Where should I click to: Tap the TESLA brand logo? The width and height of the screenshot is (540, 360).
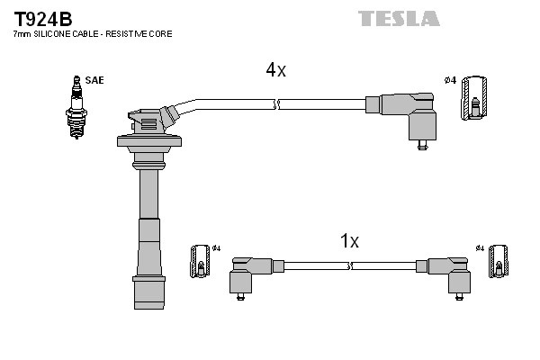coord(399,18)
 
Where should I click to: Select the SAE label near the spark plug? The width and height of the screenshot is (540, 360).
coord(95,80)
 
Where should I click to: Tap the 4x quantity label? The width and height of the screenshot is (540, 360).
coord(275,69)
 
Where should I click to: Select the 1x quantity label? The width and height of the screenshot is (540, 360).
coord(349,241)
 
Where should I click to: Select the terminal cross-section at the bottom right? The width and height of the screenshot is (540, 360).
coord(496,267)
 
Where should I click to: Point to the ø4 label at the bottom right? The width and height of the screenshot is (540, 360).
coord(480,247)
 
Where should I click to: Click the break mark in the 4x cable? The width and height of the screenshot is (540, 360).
coord(277,104)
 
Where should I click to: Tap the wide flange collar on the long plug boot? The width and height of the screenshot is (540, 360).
coord(149,140)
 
